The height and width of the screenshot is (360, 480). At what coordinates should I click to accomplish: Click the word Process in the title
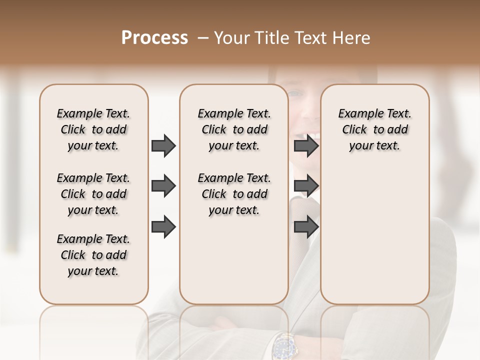coord(154,38)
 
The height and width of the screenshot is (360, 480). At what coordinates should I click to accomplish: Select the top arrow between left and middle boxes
coord(163,146)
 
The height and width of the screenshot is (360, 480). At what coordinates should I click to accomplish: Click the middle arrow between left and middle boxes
coord(163,186)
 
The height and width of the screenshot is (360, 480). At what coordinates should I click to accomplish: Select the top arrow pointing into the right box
coord(306,146)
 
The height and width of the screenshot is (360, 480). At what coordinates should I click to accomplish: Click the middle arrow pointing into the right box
coord(306,186)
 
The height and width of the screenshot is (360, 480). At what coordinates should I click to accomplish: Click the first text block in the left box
coord(93,129)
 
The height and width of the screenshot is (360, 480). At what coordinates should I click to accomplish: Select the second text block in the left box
coord(93,194)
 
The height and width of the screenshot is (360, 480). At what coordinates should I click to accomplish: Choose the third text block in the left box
coord(93,255)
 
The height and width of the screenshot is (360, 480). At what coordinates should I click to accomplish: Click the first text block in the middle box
coord(234,129)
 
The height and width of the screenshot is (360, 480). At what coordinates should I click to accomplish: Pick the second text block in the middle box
coord(234,194)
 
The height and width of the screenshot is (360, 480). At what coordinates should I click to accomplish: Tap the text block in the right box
coord(374,129)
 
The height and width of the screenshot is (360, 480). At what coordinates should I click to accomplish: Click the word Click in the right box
coord(354,130)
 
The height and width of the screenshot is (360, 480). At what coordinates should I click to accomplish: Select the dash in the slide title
coord(202,38)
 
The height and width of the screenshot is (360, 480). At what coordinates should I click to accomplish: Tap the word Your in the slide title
coord(232,38)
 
